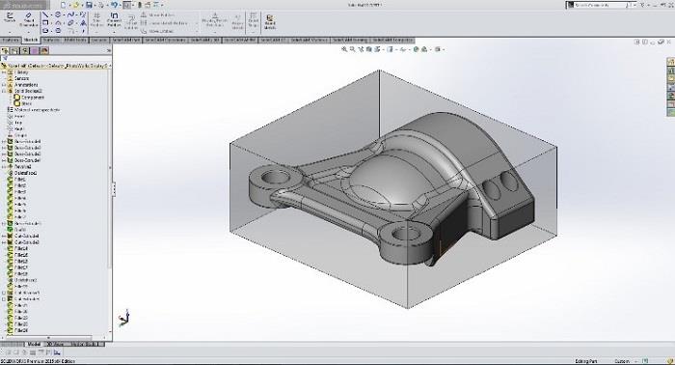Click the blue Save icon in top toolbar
click(89, 5)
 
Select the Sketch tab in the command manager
click(32, 40)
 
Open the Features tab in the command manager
click(11, 40)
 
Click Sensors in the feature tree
click(21, 78)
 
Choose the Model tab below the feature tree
click(34, 343)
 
